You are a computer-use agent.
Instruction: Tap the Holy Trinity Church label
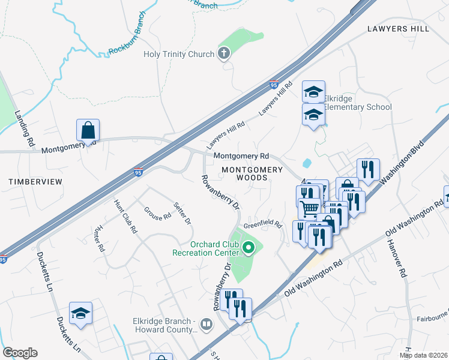179,55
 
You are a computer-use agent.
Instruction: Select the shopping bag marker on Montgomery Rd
88,130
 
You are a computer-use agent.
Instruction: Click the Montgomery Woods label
252,173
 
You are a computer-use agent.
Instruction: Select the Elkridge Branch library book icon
206,325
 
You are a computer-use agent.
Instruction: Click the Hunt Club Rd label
127,214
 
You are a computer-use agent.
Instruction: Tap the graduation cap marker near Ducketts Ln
80,313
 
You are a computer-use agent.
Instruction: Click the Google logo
20,353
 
